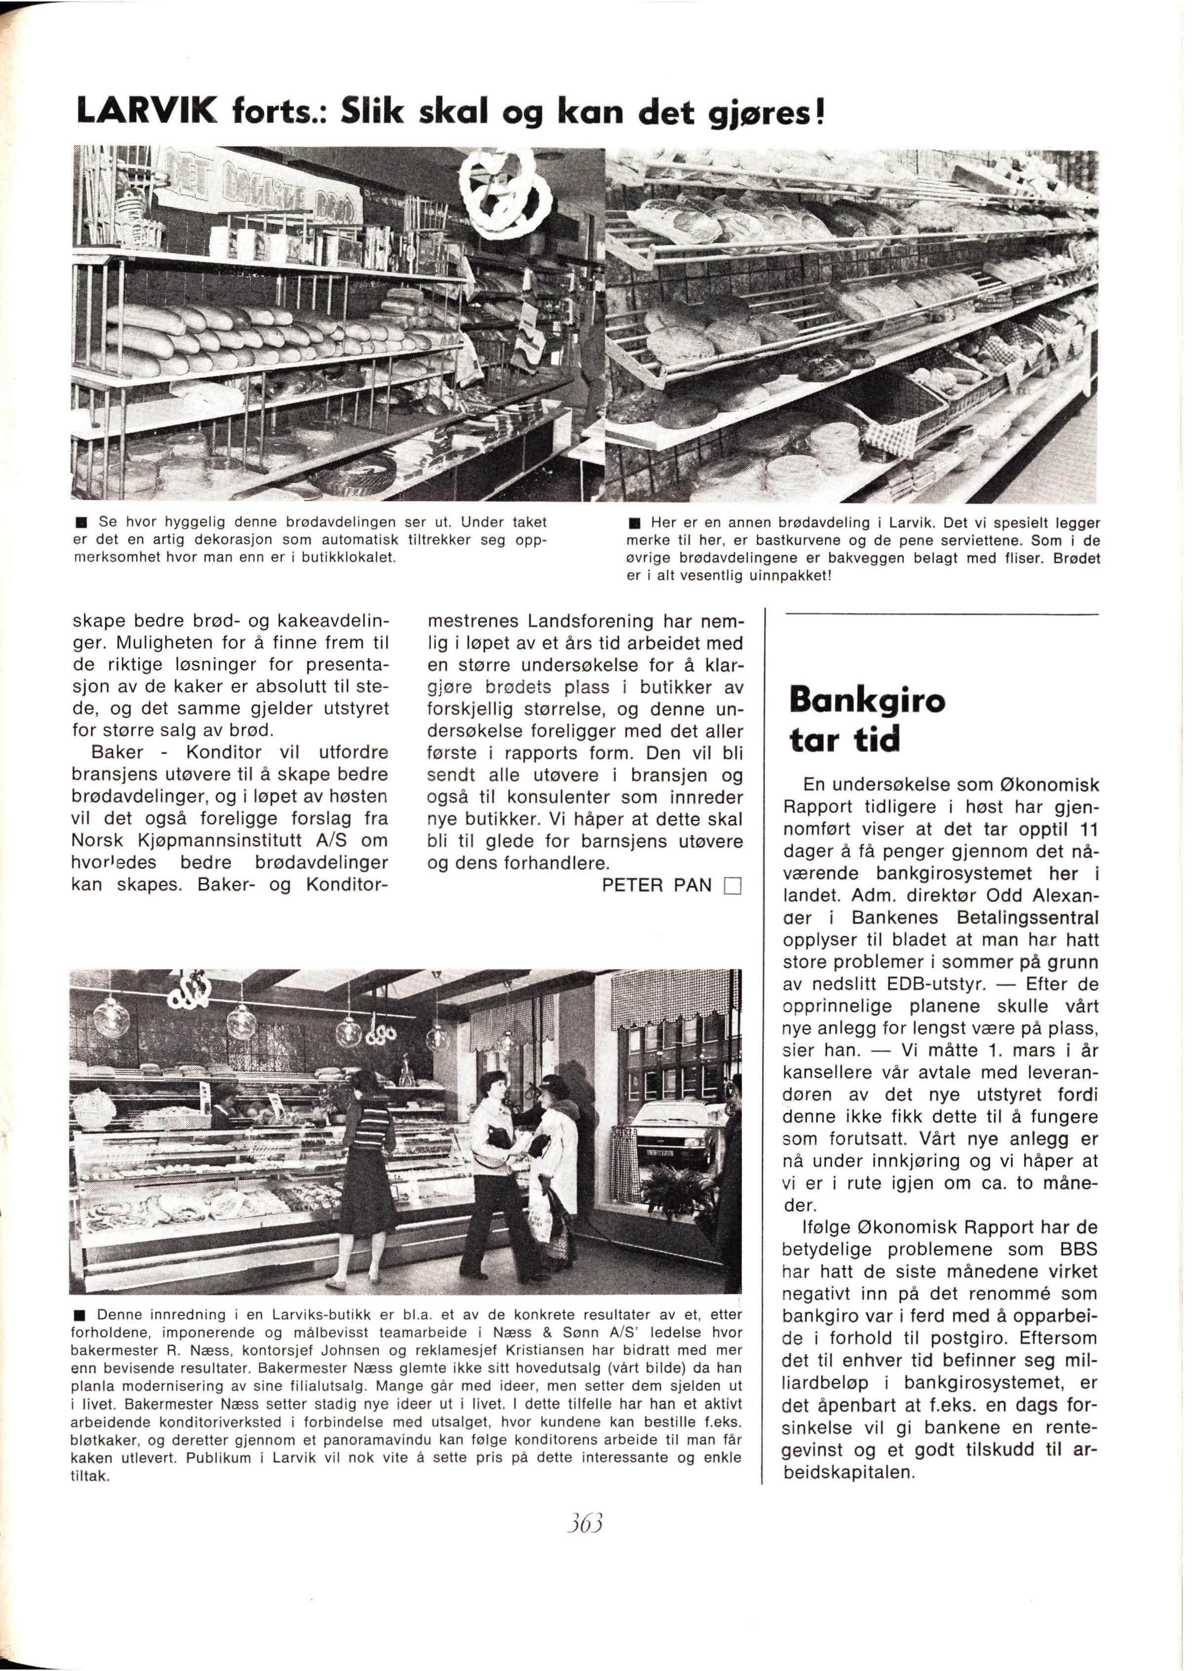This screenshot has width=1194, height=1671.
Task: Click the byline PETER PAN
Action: click(x=657, y=885)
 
